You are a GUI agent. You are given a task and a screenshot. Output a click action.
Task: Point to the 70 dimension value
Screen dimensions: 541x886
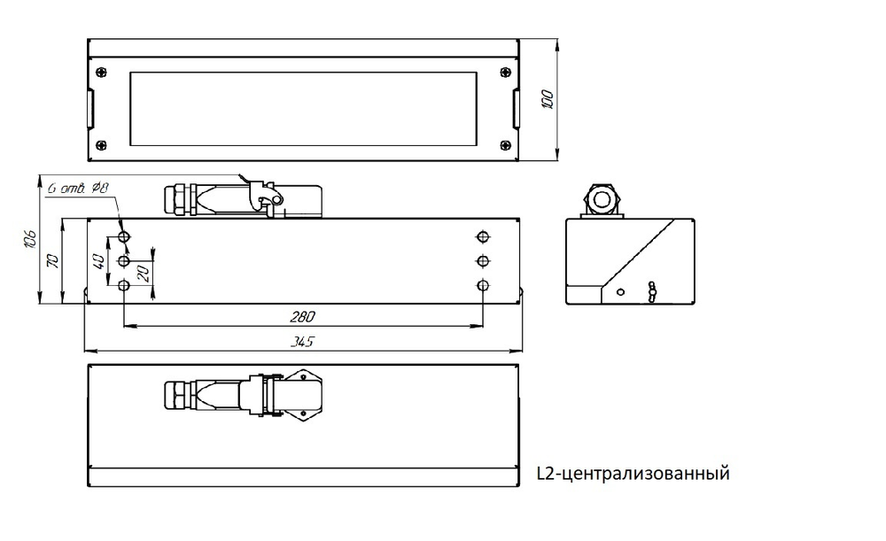[53, 260]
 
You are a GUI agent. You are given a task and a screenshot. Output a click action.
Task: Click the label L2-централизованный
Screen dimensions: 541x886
[633, 474]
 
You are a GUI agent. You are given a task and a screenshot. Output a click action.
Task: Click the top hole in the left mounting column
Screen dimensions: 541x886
[123, 236]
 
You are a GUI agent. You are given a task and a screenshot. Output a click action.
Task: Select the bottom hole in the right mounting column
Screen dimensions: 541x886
[482, 285]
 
